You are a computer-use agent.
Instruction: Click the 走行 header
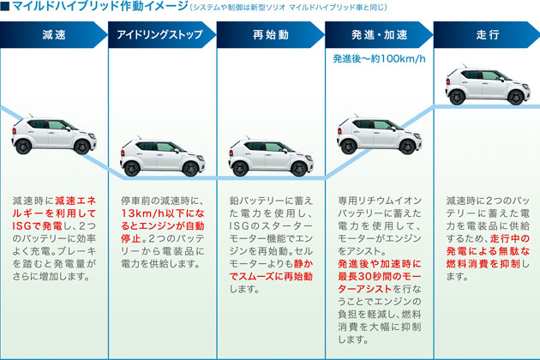[x=486, y=36]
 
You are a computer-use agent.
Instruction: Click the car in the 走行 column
[x=486, y=85]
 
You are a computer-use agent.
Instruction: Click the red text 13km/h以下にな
[x=163, y=213]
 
